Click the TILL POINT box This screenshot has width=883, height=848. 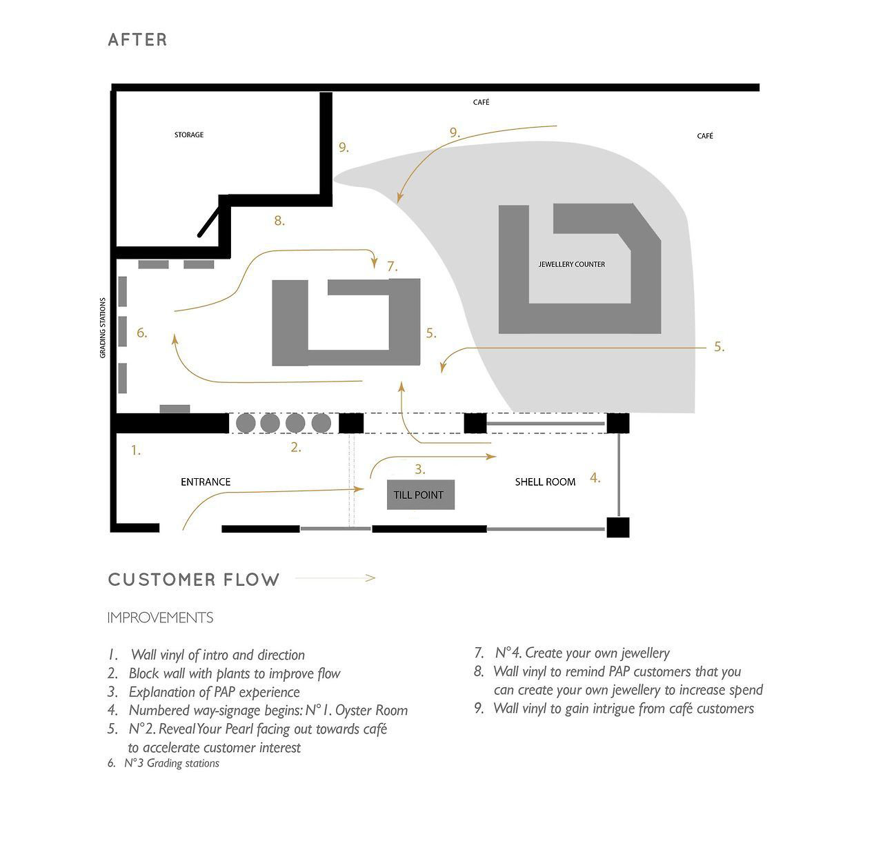(x=420, y=494)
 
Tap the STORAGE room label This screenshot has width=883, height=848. (x=189, y=135)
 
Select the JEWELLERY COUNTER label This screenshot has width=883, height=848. (x=571, y=264)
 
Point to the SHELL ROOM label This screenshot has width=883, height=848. (x=545, y=482)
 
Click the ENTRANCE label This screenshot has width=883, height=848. (x=206, y=482)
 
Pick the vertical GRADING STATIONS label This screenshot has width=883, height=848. (x=103, y=328)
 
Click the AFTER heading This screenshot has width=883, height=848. (x=137, y=40)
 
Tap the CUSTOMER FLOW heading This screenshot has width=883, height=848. (x=194, y=580)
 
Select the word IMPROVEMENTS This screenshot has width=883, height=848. (x=160, y=618)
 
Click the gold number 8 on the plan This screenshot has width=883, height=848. (x=279, y=221)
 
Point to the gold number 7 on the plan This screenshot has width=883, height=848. (x=392, y=266)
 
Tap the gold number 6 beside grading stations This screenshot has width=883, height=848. (x=141, y=333)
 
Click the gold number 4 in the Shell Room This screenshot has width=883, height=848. (x=595, y=477)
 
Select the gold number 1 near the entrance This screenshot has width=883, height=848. (x=136, y=451)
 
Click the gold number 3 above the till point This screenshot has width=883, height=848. (x=419, y=469)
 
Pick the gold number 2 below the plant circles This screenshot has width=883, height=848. (x=295, y=447)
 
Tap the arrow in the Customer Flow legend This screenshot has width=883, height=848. (x=335, y=578)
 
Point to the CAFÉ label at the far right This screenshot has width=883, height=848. (x=705, y=136)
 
